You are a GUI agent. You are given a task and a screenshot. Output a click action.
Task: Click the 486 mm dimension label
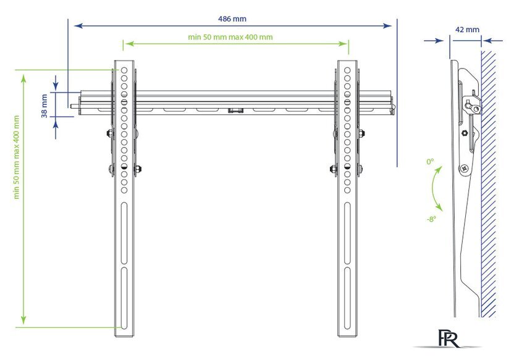(232, 19)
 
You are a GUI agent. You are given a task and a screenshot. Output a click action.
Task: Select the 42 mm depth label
(467, 30)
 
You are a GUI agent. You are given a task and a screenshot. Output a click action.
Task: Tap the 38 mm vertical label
(44, 106)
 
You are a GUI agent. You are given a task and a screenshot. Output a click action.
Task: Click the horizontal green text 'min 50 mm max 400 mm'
(230, 37)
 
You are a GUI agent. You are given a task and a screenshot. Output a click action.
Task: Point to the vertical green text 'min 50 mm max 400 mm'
(17, 157)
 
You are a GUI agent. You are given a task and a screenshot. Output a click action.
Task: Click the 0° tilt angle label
(430, 162)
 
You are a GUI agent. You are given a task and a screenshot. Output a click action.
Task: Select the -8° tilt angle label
(431, 219)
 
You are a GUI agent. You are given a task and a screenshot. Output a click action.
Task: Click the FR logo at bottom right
(449, 338)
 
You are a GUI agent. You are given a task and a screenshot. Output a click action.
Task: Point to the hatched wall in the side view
(488, 184)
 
